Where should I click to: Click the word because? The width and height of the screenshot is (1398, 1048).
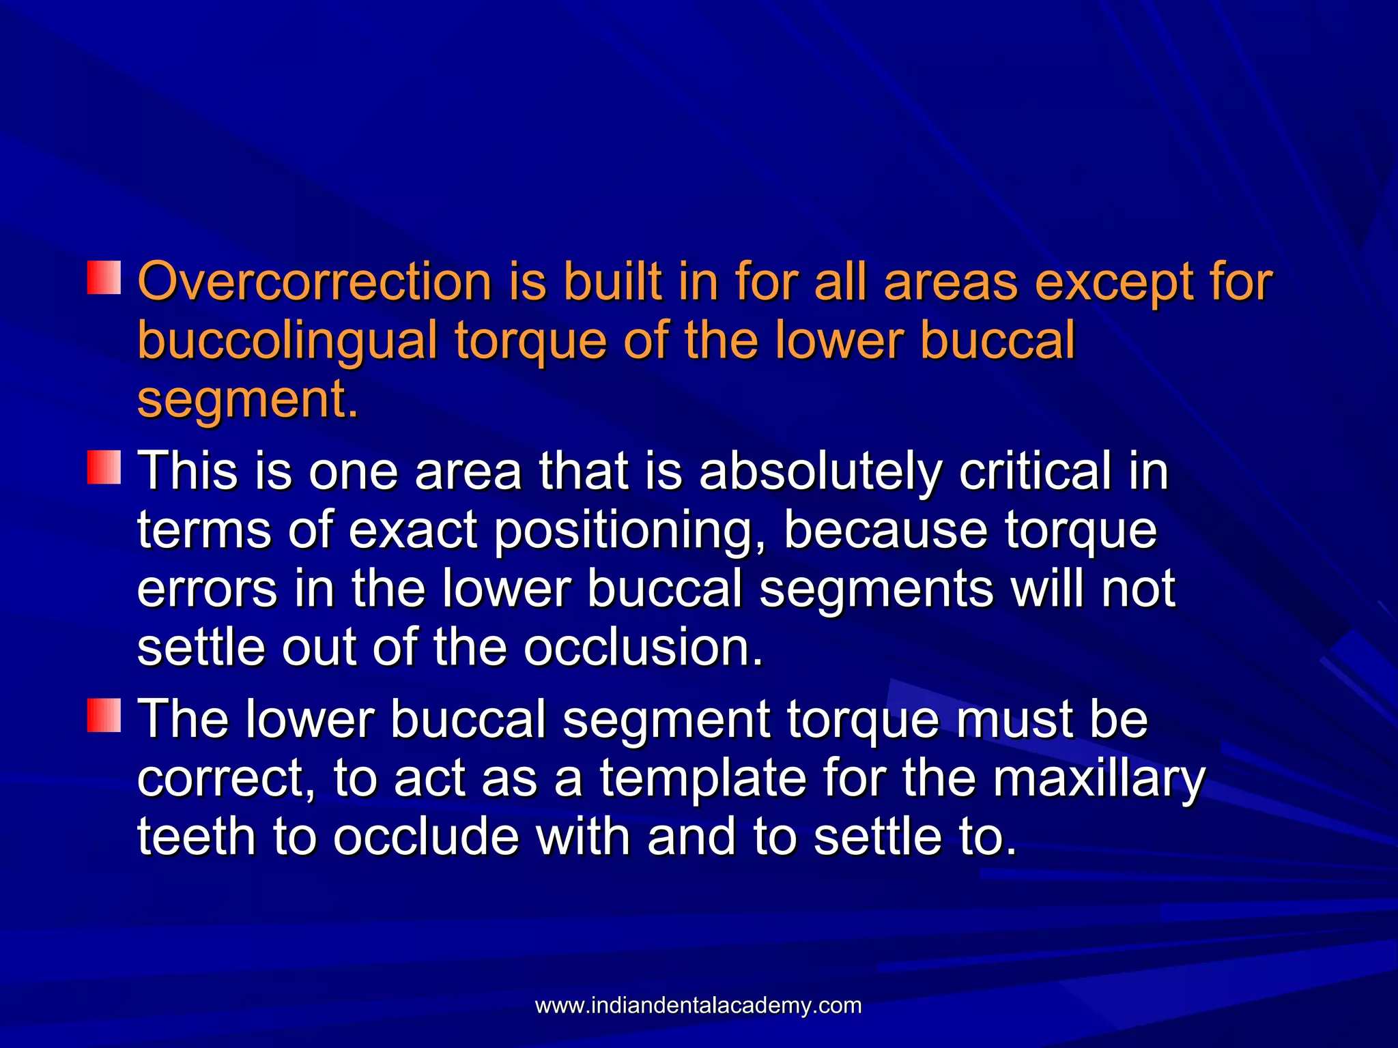click(x=885, y=530)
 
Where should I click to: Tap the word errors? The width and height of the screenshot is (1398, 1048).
click(x=207, y=589)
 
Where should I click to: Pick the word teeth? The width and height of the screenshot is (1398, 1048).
click(x=197, y=836)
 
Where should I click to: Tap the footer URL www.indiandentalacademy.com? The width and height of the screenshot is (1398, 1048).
click(x=698, y=1006)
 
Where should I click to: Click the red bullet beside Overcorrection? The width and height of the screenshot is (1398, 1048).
click(x=104, y=277)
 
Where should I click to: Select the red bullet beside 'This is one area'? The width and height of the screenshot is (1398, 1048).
click(x=104, y=467)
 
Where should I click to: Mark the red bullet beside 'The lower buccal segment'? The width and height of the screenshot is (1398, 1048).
click(x=104, y=715)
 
